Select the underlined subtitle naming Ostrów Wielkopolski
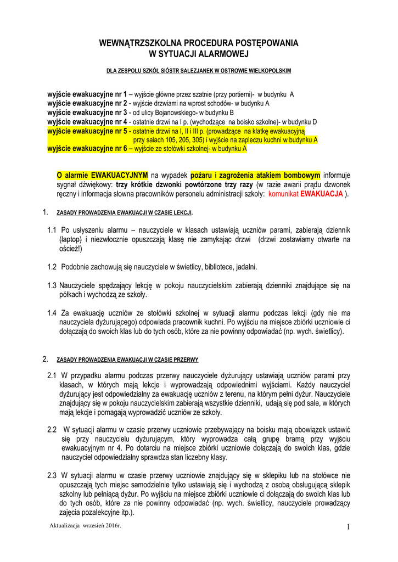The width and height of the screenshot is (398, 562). (x=199, y=71)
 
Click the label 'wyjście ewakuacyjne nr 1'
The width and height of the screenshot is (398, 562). (x=87, y=94)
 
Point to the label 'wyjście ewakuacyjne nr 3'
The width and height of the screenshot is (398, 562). (x=87, y=113)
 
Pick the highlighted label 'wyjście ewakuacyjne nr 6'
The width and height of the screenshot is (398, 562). (x=87, y=149)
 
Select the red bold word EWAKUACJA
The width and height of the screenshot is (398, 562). (x=322, y=194)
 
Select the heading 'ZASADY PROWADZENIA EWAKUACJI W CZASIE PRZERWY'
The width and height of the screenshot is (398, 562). (x=127, y=360)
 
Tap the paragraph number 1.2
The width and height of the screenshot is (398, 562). (x=52, y=267)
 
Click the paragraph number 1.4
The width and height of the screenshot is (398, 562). (x=52, y=313)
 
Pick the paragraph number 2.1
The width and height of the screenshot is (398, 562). (x=52, y=375)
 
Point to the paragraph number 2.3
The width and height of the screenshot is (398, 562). (x=52, y=475)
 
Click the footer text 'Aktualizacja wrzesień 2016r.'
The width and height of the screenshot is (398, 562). (x=85, y=526)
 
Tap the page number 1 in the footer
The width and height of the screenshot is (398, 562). (x=348, y=528)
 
